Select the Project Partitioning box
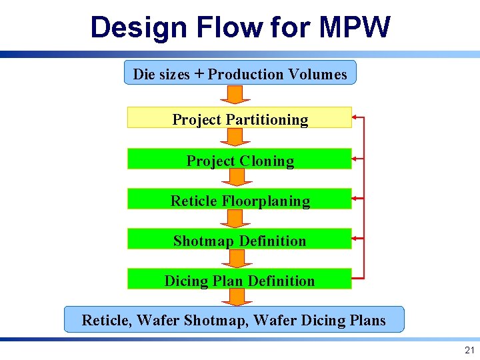239,119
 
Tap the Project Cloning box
239,161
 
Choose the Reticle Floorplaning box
239,201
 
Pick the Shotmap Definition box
239,241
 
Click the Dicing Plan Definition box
239,281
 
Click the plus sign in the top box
199,74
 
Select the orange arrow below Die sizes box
234,95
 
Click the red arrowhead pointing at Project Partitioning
355,118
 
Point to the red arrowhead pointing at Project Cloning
355,159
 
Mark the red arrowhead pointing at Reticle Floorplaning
355,198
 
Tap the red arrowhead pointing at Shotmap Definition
355,237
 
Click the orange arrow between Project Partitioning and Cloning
234,137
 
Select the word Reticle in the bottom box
107,321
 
